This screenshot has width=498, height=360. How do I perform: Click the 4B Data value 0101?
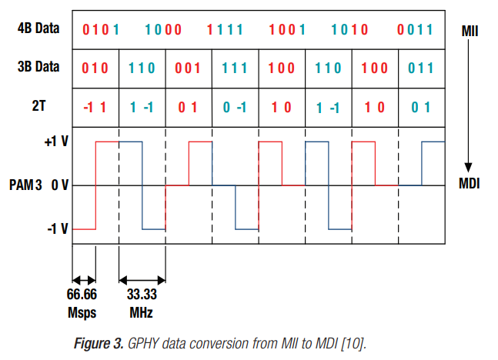click(102, 31)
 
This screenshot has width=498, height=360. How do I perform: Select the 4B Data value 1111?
click(225, 31)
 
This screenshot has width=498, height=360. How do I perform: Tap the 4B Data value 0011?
click(416, 31)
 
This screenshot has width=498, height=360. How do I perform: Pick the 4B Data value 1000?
click(162, 31)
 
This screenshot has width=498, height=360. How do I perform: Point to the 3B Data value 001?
click(189, 68)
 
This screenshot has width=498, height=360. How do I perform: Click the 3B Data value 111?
click(235, 68)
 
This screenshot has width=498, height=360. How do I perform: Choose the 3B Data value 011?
click(421, 68)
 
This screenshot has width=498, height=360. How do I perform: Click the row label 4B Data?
click(37, 29)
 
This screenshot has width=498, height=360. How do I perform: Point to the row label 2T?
click(37, 106)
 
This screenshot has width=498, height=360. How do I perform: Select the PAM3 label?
click(27, 185)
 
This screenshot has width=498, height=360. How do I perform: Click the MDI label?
click(470, 185)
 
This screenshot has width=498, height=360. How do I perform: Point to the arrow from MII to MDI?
click(467, 108)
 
